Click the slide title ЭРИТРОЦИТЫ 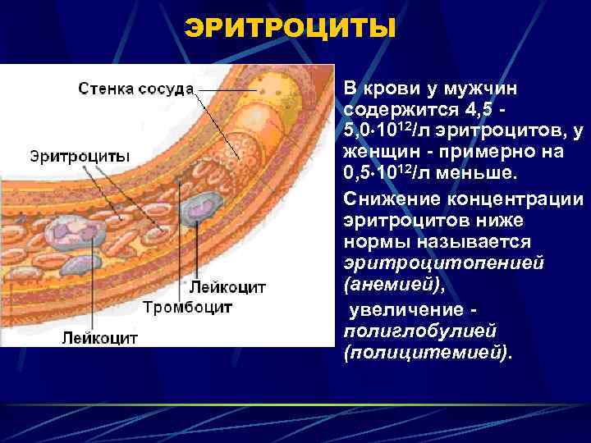291,28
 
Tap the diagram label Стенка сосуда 136,88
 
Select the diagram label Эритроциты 80,155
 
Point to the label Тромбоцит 188,308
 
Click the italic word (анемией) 389,285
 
